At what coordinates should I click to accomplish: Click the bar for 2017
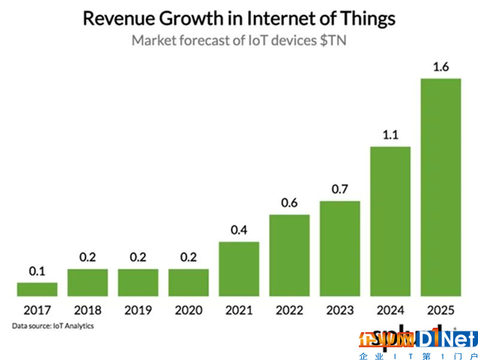[x=37, y=289]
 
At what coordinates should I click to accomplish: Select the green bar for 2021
[x=239, y=268]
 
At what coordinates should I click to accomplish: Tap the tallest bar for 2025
[x=441, y=187]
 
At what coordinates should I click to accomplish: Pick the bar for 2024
[x=390, y=220]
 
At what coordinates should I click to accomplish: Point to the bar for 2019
[x=138, y=282]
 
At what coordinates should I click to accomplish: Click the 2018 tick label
[x=88, y=310]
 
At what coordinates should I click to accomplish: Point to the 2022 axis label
[x=289, y=310]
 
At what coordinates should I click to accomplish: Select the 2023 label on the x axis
[x=339, y=310]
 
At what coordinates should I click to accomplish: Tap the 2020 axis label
[x=188, y=310]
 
